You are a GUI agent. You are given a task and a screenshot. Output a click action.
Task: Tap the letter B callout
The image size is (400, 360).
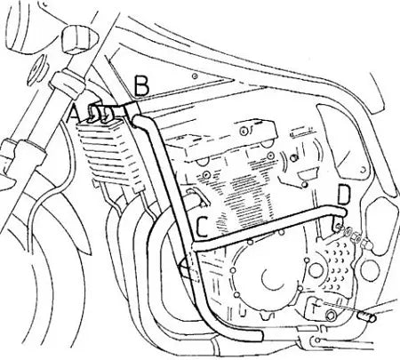tap(141, 85)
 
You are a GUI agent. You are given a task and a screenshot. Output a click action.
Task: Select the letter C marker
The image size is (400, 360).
tap(202, 227)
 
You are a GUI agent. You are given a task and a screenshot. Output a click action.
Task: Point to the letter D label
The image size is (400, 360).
tap(344, 195)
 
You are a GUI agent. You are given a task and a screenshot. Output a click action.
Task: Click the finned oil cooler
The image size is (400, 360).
tap(109, 154)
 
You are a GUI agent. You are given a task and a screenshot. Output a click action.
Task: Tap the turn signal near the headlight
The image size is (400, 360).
tap(80, 37)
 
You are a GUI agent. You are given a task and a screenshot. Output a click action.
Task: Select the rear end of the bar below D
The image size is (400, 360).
tap(342, 212)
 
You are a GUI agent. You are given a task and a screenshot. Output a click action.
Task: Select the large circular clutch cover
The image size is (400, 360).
tap(265, 274)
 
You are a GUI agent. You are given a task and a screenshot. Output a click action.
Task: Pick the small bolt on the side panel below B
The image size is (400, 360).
tap(195, 76)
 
